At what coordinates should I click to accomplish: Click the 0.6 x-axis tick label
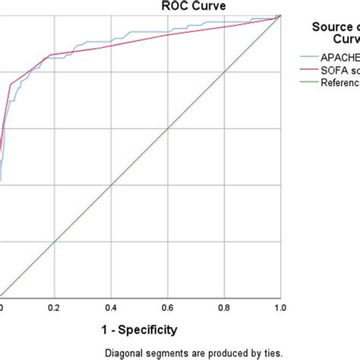click(x=168, y=308)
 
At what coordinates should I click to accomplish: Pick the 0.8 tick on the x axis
click(x=224, y=308)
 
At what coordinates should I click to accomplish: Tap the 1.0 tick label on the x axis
click(x=279, y=308)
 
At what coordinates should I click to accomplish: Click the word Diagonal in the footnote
click(x=125, y=352)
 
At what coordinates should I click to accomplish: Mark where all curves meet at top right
click(x=280, y=15)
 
